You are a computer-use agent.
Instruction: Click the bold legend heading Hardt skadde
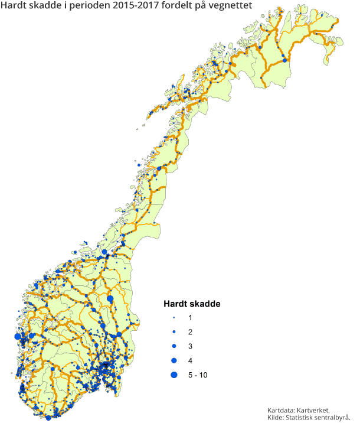(192, 304)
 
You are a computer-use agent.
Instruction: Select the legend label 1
(189, 318)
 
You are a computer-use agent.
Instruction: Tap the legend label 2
(189, 332)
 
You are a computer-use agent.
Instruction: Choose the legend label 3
(189, 346)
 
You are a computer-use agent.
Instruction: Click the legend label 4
(189, 360)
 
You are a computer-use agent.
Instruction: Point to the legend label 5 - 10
(198, 375)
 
